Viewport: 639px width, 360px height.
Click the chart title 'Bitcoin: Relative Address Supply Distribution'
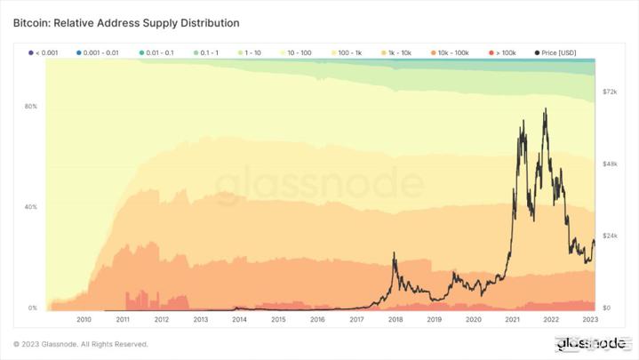(x=126, y=21)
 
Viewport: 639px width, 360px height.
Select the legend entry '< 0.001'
(x=44, y=53)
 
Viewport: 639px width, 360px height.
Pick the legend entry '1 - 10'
(x=252, y=53)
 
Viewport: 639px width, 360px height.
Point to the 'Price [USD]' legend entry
(x=556, y=53)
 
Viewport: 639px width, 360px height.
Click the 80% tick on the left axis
(x=30, y=107)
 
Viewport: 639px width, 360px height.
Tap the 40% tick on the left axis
(x=30, y=207)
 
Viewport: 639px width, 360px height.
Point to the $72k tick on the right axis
(x=610, y=92)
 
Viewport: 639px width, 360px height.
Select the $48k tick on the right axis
(x=610, y=164)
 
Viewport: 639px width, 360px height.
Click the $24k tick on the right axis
(x=610, y=236)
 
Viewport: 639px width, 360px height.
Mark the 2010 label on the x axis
(x=84, y=319)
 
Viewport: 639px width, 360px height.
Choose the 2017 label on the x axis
(x=356, y=319)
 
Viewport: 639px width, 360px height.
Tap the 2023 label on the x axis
(x=589, y=319)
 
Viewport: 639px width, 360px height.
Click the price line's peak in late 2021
(x=544, y=109)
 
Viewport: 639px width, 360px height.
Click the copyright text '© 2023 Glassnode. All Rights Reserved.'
(x=81, y=344)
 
